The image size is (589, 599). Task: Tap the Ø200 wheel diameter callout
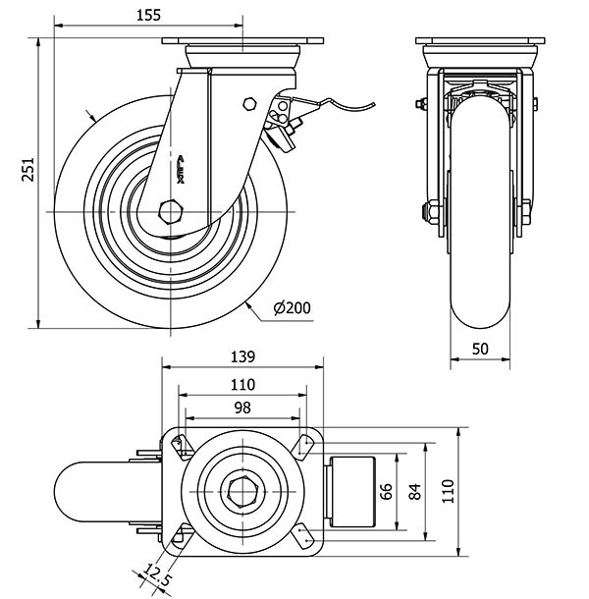coord(293,308)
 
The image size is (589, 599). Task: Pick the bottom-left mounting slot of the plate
coord(179,535)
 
